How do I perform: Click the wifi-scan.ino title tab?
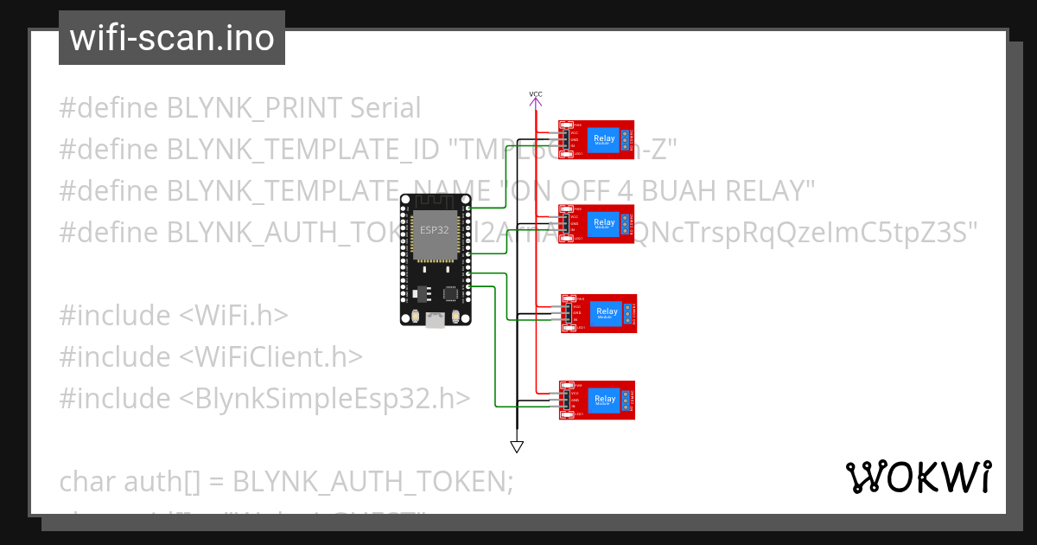point(171,38)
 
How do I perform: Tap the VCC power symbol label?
point(536,93)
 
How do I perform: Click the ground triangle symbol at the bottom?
point(517,446)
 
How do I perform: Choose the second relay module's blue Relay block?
point(604,223)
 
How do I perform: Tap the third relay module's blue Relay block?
point(607,312)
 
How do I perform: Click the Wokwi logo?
point(918,477)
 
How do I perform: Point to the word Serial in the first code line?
point(385,108)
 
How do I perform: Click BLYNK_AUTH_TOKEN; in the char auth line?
point(373,481)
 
